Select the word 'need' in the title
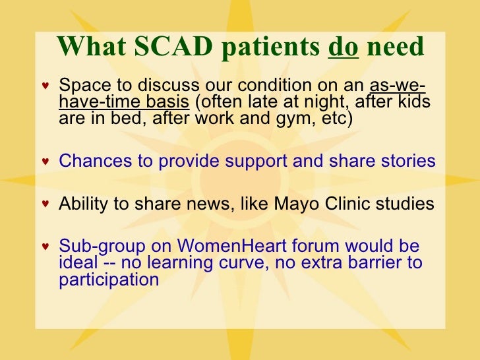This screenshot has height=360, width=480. [x=395, y=46]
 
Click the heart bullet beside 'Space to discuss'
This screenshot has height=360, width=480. [x=45, y=88]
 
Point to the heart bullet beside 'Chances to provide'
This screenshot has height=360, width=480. [x=45, y=162]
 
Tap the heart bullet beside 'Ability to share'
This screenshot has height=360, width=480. [x=45, y=204]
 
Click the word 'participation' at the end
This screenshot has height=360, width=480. [x=109, y=280]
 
